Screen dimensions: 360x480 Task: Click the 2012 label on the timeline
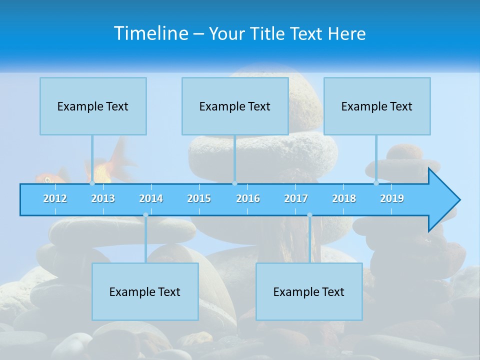click(55, 198)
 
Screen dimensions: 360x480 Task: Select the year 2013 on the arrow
click(103, 198)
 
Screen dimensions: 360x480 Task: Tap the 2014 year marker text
click(151, 198)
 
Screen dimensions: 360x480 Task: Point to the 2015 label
click(199, 198)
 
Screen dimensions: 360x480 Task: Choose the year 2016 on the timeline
click(248, 198)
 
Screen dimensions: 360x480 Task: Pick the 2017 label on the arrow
click(296, 198)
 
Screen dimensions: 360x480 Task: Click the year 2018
click(344, 198)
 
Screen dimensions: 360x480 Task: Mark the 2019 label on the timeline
click(392, 198)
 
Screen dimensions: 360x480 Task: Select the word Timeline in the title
click(150, 33)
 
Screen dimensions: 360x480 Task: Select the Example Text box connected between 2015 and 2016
click(235, 106)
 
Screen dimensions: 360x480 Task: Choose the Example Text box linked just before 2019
click(377, 106)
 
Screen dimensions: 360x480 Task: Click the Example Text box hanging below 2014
click(145, 291)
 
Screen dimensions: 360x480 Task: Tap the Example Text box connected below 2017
click(309, 291)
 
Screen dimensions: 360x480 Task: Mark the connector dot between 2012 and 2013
click(92, 183)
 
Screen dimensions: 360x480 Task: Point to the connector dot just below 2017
click(309, 215)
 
